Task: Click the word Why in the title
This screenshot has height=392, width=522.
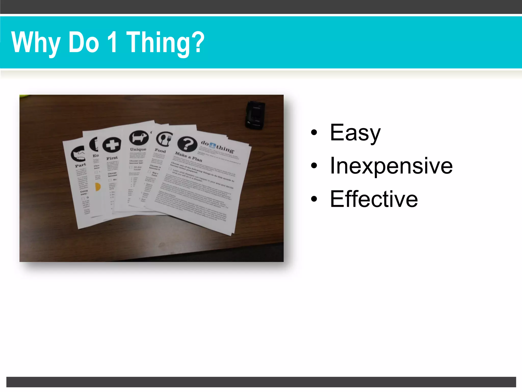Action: click(x=36, y=42)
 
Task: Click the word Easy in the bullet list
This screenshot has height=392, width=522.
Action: click(x=355, y=133)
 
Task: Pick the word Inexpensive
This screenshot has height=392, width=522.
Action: click(x=391, y=166)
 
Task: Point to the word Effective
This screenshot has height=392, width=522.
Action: click(x=374, y=199)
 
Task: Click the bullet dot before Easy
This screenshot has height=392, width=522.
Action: click(x=314, y=132)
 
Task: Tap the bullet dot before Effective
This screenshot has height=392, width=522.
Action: click(x=314, y=199)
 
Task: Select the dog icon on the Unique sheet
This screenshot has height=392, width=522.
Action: click(x=139, y=138)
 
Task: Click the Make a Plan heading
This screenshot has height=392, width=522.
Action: click(x=188, y=156)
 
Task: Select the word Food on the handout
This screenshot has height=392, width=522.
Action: click(x=160, y=151)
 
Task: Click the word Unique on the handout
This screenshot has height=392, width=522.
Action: click(x=138, y=149)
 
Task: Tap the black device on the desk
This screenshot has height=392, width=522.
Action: click(x=255, y=115)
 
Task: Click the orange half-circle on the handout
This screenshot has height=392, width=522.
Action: click(x=98, y=187)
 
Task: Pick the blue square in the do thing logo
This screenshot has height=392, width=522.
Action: click(x=212, y=145)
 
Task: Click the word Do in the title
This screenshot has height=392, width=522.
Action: click(x=84, y=42)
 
